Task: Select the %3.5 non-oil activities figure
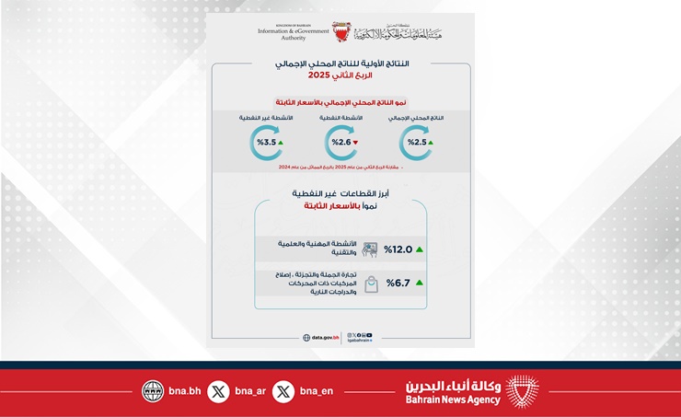pyautogui.click(x=264, y=143)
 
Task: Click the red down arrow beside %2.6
pyautogui.click(x=355, y=143)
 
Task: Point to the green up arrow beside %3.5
pyautogui.click(x=280, y=143)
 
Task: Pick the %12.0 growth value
pyautogui.click(x=399, y=249)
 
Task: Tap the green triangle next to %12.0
pyautogui.click(x=420, y=249)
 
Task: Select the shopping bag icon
pyautogui.click(x=371, y=284)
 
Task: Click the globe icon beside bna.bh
pyautogui.click(x=153, y=391)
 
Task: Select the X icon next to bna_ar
pyautogui.click(x=218, y=391)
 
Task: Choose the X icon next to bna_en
pyautogui.click(x=283, y=391)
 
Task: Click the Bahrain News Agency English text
pyautogui.click(x=454, y=400)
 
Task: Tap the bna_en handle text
pyautogui.click(x=317, y=391)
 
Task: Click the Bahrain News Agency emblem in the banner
pyautogui.click(x=524, y=391)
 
